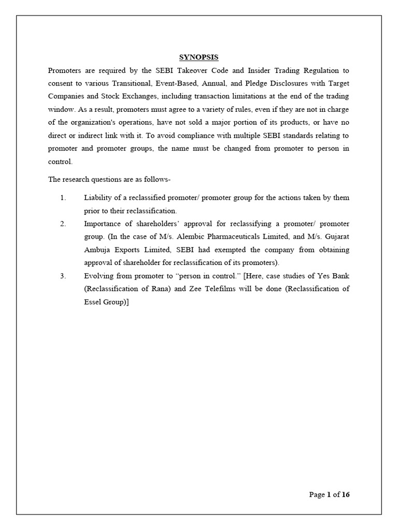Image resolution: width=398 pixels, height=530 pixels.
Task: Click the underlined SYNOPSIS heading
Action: click(x=199, y=57)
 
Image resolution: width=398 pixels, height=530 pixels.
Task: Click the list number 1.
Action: click(x=63, y=198)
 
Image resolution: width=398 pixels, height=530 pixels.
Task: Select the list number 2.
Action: click(x=63, y=224)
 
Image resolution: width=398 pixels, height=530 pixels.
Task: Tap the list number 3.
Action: click(x=63, y=276)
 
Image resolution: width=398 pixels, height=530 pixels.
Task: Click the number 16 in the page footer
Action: click(x=346, y=495)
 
